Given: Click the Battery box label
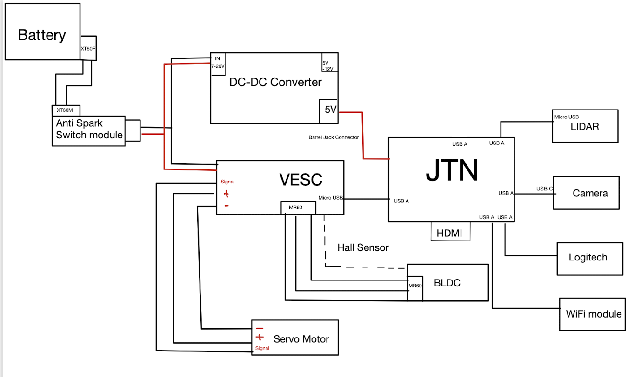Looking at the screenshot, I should tap(42, 35).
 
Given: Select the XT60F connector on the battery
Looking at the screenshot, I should tap(88, 48).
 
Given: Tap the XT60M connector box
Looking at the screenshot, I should tap(66, 110).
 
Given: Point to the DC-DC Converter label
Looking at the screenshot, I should tap(275, 82).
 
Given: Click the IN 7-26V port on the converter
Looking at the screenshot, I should tap(217, 63).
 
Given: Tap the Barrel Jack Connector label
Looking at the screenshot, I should tap(334, 137).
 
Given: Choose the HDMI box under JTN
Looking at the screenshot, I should tap(450, 233).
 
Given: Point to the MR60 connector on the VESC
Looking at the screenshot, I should tap(295, 208).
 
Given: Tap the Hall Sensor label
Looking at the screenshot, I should tap(363, 247).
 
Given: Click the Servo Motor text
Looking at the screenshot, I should tap(301, 339).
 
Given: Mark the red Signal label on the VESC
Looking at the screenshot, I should tap(227, 182).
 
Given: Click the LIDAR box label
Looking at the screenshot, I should tap(585, 126).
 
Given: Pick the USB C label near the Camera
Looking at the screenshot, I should tap(544, 188).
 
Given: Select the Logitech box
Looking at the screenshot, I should tap(589, 258).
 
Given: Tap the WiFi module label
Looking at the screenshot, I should tap(594, 314).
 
